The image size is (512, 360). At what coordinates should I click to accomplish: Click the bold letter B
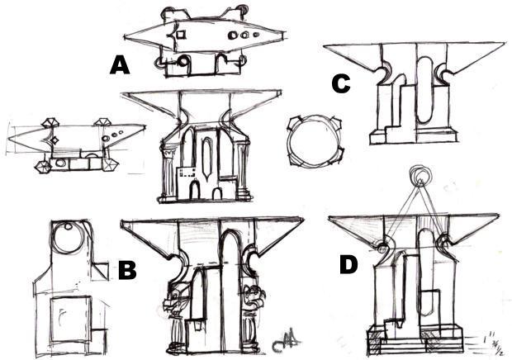pos(127,269)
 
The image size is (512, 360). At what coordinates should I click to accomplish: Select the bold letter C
pos(339,83)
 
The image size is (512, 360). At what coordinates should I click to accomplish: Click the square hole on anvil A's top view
pos(180,35)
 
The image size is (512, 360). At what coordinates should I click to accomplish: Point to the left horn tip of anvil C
pos(325,45)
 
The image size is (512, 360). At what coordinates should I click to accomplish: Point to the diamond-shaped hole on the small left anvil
pos(52,140)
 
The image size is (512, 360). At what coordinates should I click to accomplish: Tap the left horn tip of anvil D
pos(329,220)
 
